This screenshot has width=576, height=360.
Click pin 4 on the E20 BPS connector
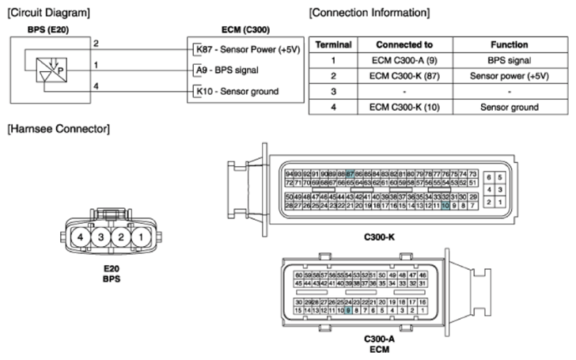81,237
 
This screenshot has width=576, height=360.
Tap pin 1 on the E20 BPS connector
139,237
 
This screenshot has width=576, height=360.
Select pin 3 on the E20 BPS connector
100,237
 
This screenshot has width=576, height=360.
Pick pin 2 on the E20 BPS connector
120,237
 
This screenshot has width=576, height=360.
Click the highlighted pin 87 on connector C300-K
351,173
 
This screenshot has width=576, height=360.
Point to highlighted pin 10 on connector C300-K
445,205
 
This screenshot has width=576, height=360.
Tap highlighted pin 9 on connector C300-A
348,311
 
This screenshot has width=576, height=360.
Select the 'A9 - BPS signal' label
229,70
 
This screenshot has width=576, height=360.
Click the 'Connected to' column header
399,45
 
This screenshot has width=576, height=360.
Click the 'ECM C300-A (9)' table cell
399,60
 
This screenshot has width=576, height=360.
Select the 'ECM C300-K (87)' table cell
399,76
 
